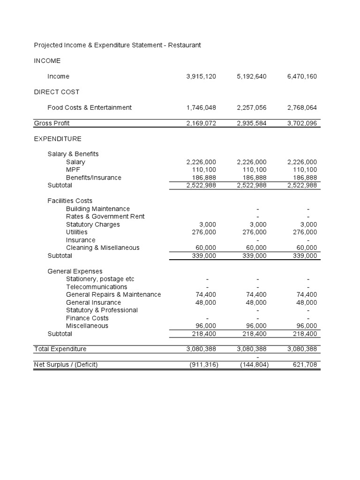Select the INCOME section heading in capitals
point(47,61)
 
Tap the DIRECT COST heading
point(57,92)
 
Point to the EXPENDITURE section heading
point(58,139)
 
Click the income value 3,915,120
point(201,76)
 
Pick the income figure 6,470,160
point(301,76)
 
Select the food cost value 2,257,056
point(252,107)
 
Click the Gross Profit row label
point(52,123)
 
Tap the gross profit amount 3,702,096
point(301,123)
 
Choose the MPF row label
point(73,170)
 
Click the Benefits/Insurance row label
point(93,178)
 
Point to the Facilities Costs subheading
point(70,201)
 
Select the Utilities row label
point(76,232)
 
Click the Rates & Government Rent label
point(105,217)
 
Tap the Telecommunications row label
point(97,287)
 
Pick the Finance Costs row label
point(87,318)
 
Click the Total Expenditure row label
point(60,349)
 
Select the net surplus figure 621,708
point(305,365)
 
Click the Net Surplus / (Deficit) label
point(66,365)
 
